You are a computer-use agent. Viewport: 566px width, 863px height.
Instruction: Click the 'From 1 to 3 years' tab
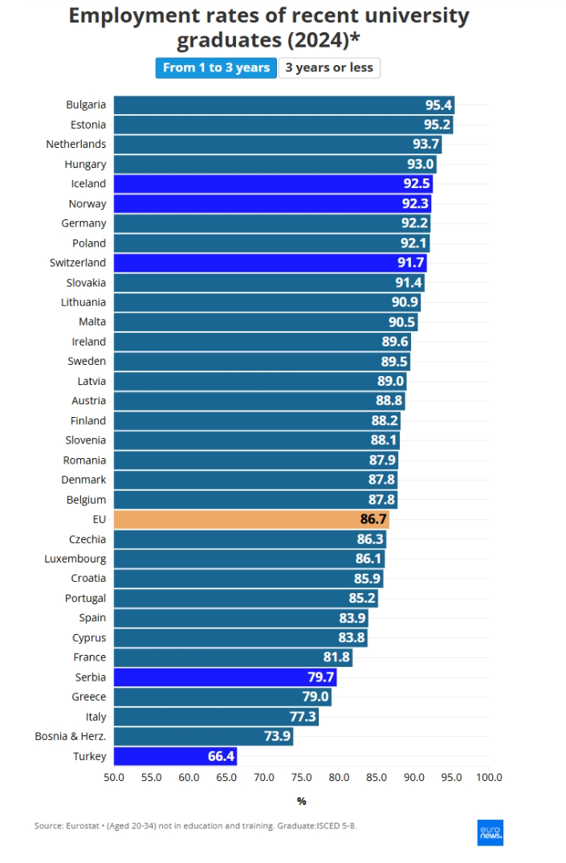pyautogui.click(x=216, y=67)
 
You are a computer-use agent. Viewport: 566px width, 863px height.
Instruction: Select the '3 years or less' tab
pyautogui.click(x=329, y=67)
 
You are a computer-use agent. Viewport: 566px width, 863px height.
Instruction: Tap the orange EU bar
pyautogui.click(x=251, y=519)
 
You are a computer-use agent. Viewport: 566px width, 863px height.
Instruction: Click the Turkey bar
pyautogui.click(x=175, y=756)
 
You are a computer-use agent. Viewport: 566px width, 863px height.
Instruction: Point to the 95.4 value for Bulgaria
pyautogui.click(x=439, y=105)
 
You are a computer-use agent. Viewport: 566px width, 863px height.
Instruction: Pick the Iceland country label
pyautogui.click(x=88, y=184)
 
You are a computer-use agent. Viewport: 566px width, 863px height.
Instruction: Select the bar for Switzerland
pyautogui.click(x=270, y=263)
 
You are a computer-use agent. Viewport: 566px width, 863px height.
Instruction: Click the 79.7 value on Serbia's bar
pyautogui.click(x=321, y=677)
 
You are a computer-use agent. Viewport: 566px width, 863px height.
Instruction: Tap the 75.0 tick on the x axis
pyautogui.click(x=301, y=777)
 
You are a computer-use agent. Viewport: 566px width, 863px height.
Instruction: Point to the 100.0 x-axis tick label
pyautogui.click(x=489, y=777)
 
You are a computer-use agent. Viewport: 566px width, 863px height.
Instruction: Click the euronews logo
pyautogui.click(x=490, y=832)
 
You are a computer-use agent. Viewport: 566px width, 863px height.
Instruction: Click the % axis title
pyautogui.click(x=301, y=801)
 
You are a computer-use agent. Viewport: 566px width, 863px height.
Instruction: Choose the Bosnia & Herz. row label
pyautogui.click(x=71, y=736)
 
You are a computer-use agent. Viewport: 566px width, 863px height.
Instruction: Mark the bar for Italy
pyautogui.click(x=216, y=717)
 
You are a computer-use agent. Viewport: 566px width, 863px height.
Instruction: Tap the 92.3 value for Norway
pyautogui.click(x=416, y=204)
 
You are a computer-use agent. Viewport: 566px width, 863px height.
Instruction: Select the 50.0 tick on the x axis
pyautogui.click(x=114, y=777)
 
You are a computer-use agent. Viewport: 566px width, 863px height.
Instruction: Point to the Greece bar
pyautogui.click(x=222, y=697)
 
